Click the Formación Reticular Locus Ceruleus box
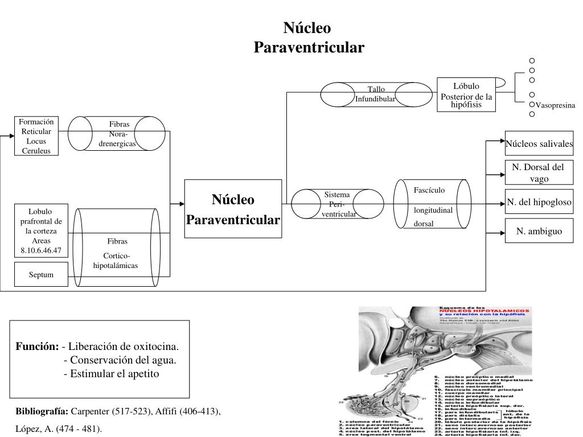36,136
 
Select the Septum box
41,275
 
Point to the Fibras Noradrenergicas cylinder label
119,134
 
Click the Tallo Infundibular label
375,94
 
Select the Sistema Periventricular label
338,204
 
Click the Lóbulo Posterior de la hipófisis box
466,95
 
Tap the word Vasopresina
556,106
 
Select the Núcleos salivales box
539,144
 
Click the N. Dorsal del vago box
538,172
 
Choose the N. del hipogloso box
539,202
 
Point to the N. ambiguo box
539,231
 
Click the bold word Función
36,347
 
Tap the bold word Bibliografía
42,411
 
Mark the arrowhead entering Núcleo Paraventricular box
182,203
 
